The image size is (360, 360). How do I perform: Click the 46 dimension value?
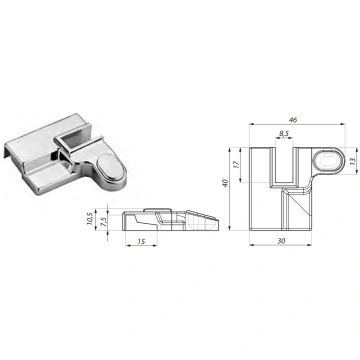pos(293,120)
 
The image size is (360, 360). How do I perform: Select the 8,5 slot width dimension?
pos(284,134)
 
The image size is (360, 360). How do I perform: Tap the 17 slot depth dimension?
pos(236,164)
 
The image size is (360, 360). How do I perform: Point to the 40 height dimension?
pos(225,183)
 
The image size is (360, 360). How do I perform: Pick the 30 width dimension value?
pos(281,241)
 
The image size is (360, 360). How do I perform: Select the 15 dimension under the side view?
pos(141,241)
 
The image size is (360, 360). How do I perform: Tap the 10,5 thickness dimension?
pos(90,219)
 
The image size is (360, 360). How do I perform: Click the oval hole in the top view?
pos(329,161)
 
